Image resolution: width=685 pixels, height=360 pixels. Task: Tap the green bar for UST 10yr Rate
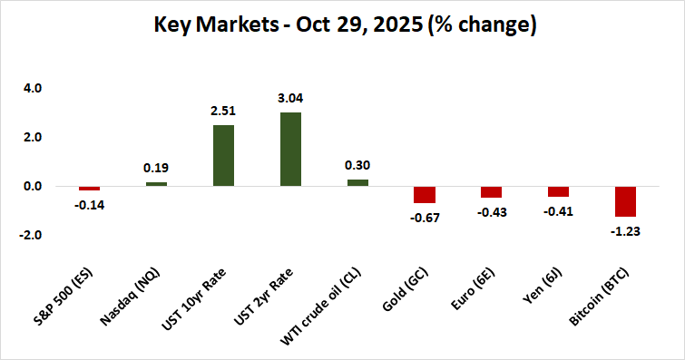point(223,156)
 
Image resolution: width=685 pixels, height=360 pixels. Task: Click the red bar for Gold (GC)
point(425,195)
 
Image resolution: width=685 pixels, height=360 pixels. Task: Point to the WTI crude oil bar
point(357,183)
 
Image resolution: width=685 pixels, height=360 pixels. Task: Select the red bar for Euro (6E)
point(492,192)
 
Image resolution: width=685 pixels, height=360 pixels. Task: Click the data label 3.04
point(290,97)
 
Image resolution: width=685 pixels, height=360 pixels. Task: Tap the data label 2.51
point(223,111)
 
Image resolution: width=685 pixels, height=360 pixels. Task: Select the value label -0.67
point(425,218)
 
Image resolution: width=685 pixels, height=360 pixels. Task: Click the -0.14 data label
point(89,205)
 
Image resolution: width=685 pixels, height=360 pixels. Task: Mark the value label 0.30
point(357,165)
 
